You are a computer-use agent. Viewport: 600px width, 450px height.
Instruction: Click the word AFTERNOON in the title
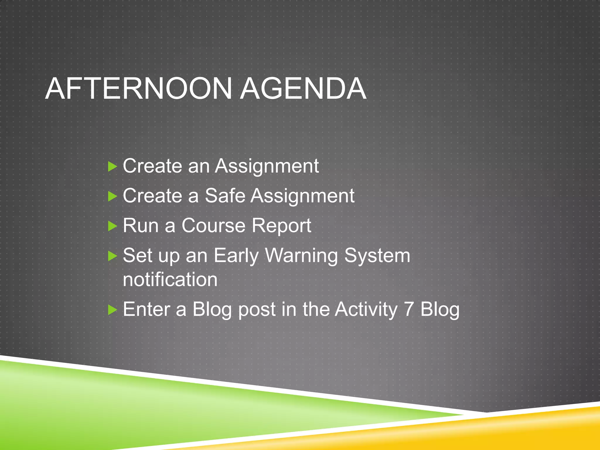(x=139, y=89)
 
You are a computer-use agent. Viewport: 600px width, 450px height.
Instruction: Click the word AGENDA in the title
(x=304, y=89)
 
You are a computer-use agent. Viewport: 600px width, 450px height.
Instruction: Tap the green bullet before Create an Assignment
(x=112, y=167)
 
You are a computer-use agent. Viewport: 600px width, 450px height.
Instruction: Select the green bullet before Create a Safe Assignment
(x=112, y=196)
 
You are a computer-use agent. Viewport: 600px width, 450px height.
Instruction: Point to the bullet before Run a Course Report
(x=112, y=226)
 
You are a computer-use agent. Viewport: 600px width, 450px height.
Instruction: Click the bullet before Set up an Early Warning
(x=112, y=256)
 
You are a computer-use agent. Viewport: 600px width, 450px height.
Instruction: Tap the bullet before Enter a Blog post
(x=112, y=310)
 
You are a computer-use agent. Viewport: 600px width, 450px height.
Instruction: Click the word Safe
(x=225, y=196)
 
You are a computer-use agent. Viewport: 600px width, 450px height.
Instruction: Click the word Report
(x=282, y=226)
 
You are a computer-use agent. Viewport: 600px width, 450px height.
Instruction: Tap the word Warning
(x=301, y=256)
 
